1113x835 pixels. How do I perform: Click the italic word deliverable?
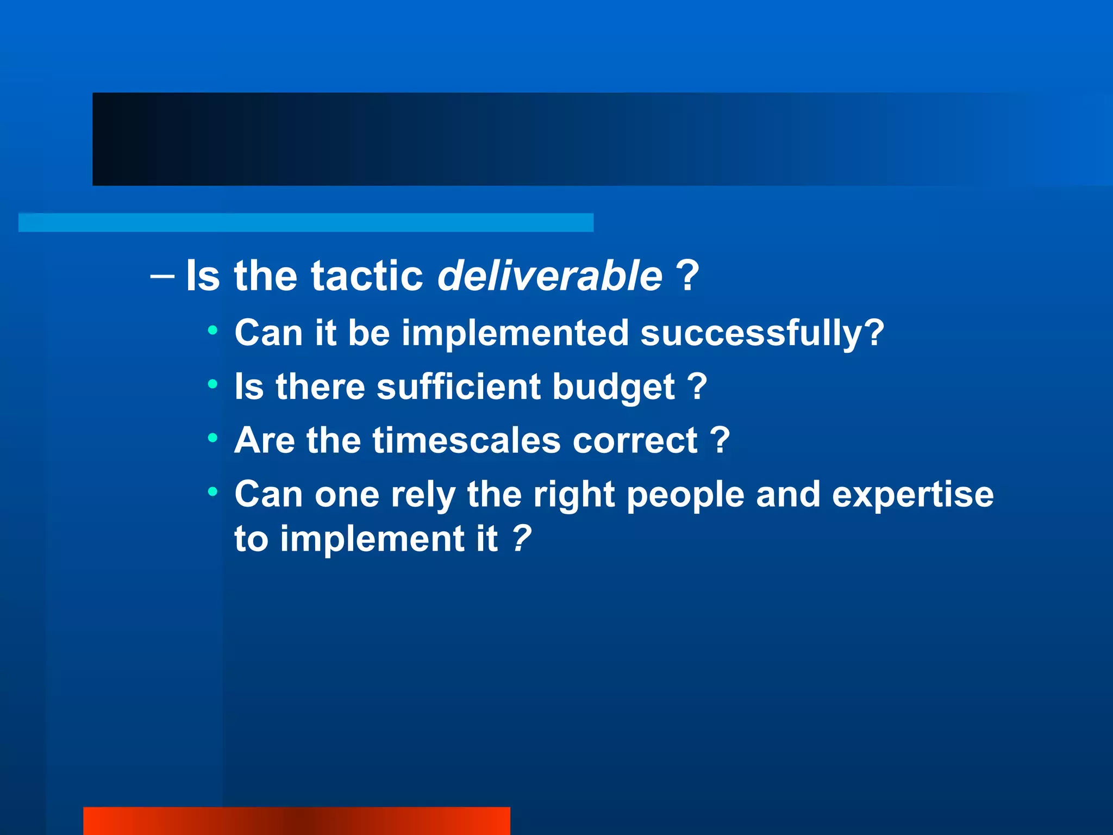pos(549,276)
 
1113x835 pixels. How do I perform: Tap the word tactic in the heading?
pos(367,276)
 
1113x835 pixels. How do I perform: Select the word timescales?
pos(466,440)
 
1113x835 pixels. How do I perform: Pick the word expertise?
pos(912,495)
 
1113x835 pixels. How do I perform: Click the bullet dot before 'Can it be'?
pos(212,330)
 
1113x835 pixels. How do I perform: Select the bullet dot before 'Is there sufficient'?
pos(212,384)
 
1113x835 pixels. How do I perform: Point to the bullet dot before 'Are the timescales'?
pos(212,438)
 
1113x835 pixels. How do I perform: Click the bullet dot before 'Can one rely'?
pos(212,492)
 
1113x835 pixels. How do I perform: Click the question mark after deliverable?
pos(687,276)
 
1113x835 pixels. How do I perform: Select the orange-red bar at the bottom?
pos(296,821)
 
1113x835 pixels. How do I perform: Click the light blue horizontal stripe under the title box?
pos(305,222)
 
